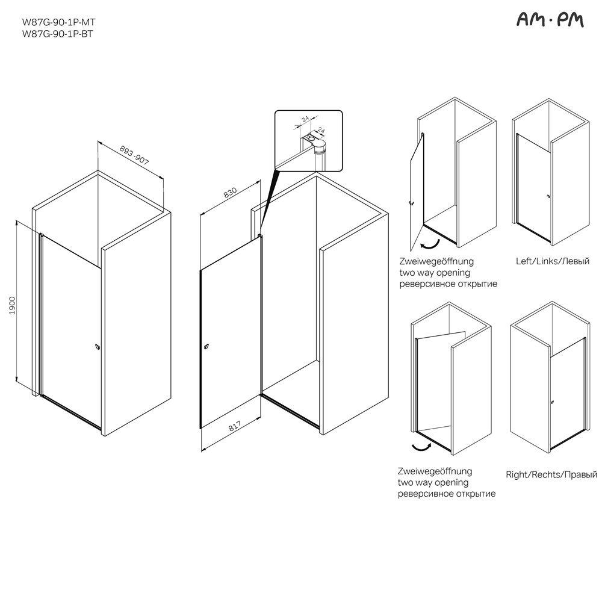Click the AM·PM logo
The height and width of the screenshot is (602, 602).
coord(550,20)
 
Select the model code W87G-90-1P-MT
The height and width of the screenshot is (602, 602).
coord(59,23)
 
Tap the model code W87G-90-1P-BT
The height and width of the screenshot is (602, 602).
coord(58,34)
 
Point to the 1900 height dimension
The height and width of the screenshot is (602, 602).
coord(12,306)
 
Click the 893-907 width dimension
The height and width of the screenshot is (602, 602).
coord(134,155)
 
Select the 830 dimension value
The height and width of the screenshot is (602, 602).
coord(231,193)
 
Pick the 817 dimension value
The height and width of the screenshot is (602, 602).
coord(235,426)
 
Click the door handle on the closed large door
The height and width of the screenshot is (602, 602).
coord(98,347)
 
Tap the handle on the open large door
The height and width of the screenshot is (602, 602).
coord(206,347)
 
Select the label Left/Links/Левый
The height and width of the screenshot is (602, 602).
coord(553,261)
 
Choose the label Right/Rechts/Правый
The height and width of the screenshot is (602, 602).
coord(551,475)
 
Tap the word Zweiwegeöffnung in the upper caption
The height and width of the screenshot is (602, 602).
coord(436,261)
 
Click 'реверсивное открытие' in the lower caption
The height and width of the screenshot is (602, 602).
coord(447,494)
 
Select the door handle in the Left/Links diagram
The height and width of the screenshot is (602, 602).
coord(549,197)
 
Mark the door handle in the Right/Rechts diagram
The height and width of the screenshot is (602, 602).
coord(552,402)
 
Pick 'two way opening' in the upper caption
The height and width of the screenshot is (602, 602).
coord(435,273)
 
